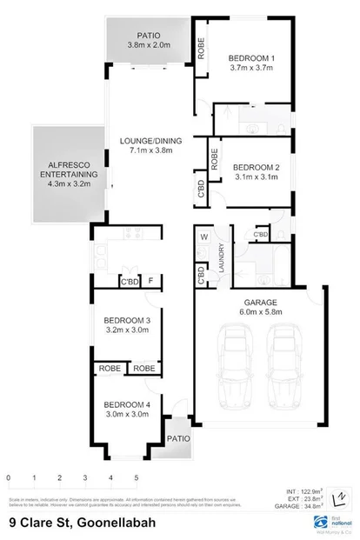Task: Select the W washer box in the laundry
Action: [203, 237]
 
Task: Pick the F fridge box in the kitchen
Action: [151, 281]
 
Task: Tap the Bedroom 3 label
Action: [127, 319]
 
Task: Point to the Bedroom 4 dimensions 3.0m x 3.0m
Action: [127, 415]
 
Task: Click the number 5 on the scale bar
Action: [137, 479]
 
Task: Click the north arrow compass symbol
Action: [342, 498]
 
